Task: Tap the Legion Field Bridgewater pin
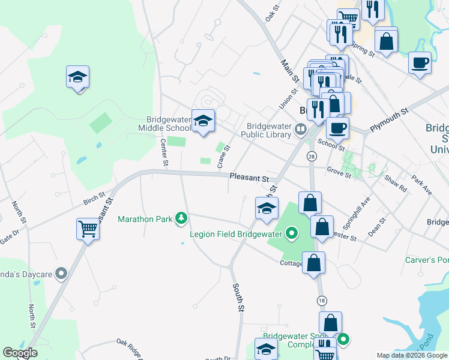(292, 233)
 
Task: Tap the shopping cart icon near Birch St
(88, 229)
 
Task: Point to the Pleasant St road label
(248, 178)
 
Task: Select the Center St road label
(163, 152)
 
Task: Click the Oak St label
(273, 11)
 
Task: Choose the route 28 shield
(311, 156)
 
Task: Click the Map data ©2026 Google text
(411, 355)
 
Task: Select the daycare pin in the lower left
(61, 274)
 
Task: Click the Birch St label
(94, 197)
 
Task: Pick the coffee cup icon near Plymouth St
(337, 127)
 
